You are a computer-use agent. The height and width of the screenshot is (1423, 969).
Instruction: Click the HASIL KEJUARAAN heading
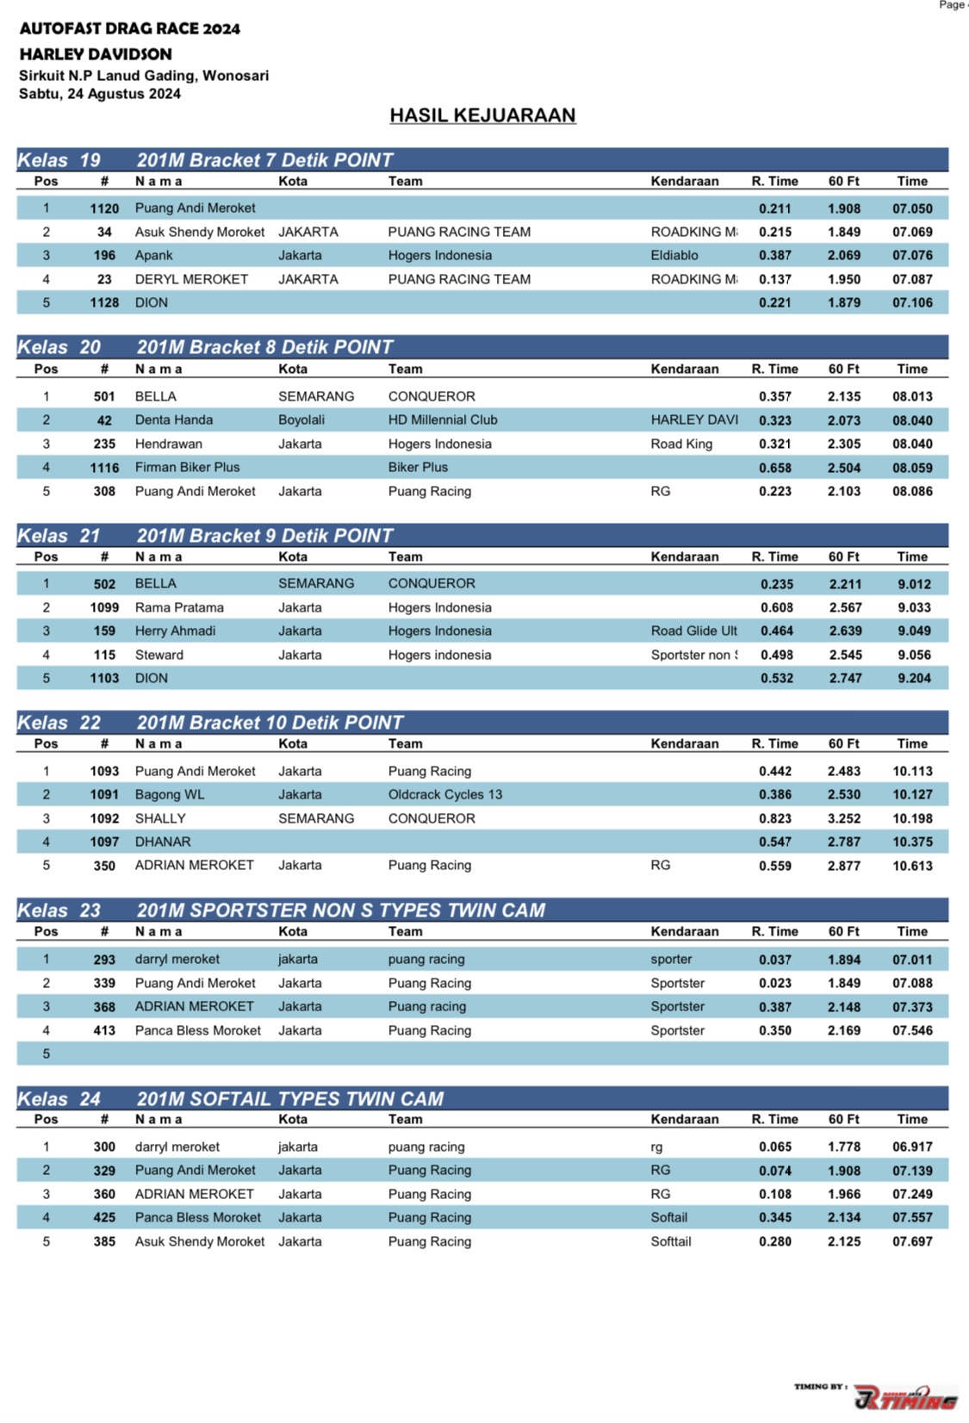(x=482, y=115)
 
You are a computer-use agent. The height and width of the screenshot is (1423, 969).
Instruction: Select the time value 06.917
(x=912, y=1147)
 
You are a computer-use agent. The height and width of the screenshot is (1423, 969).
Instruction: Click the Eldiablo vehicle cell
(x=674, y=256)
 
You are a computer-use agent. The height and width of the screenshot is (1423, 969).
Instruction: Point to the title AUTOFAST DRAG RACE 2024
(x=130, y=29)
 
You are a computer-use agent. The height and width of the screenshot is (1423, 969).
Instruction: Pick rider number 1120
(x=104, y=208)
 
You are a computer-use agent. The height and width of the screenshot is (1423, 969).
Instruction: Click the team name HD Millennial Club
(x=443, y=420)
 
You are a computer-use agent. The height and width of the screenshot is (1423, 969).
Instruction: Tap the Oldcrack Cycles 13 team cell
(x=445, y=795)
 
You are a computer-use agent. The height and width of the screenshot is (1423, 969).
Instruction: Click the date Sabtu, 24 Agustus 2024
(x=100, y=94)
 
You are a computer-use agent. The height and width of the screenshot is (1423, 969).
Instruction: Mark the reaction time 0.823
(x=775, y=819)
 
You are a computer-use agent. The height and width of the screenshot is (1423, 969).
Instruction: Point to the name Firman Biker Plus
(x=188, y=468)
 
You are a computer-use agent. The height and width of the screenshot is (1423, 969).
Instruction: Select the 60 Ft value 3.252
(x=844, y=819)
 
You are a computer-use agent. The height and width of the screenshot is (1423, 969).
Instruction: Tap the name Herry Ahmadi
(x=176, y=631)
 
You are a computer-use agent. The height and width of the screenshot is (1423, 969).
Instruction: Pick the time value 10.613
(x=912, y=867)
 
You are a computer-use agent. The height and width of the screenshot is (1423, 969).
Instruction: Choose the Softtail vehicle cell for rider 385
(x=671, y=1242)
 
